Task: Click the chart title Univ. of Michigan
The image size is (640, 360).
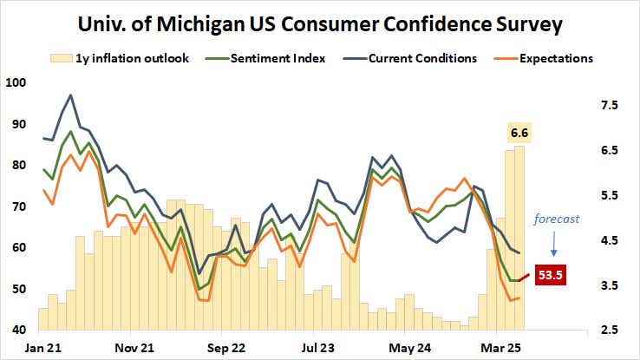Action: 319,23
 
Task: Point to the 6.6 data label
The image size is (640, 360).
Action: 519,132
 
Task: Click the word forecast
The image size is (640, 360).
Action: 556,219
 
